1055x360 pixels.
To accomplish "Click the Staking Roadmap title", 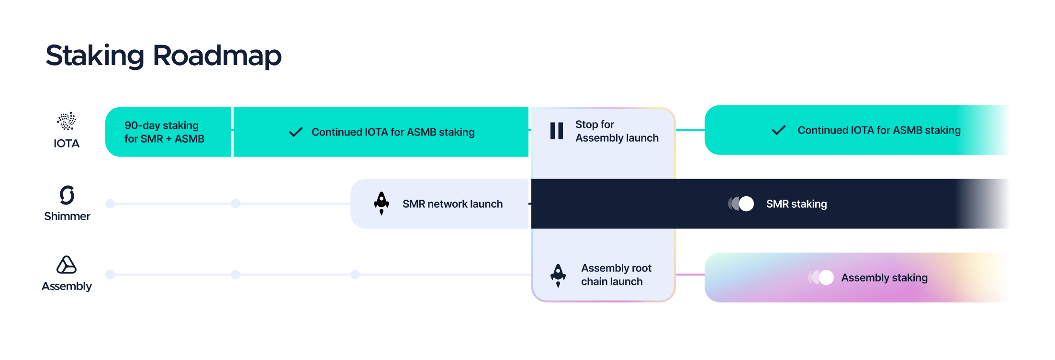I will coord(163,56).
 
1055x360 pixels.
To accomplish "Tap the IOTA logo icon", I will coord(67,121).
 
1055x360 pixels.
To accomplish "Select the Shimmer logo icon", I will coord(67,195).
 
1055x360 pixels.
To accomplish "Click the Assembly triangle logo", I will coord(67,265).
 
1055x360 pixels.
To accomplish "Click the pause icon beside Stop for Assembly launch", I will coord(557,131).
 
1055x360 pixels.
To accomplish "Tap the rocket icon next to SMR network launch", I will coord(382,203).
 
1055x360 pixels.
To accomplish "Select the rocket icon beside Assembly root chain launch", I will coord(558,275).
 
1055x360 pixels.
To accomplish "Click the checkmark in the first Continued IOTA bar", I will coord(296,132).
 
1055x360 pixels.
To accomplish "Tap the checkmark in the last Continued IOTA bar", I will coord(779,130).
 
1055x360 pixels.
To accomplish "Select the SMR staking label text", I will coord(797,204).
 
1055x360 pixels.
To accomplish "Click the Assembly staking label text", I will coord(884,278).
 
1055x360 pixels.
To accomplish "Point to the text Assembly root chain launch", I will coord(616,275).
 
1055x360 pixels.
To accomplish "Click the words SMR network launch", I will coord(452,204).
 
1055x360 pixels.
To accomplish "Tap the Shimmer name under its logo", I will coord(67,216).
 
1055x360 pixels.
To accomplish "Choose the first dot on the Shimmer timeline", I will coord(110,204).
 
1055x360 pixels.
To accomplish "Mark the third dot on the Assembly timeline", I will coord(355,275).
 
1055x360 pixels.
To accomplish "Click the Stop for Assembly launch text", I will coord(617,131).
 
